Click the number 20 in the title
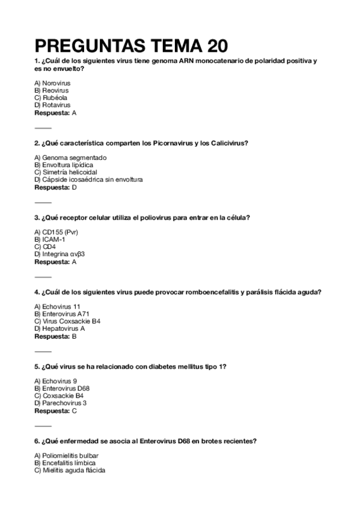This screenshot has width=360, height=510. (215, 46)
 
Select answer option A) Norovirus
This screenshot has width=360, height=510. (53, 82)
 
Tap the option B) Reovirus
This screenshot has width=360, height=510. (52, 90)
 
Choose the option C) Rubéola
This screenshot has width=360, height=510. (51, 97)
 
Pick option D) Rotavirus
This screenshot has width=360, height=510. (52, 105)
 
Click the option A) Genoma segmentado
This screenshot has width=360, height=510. (70, 158)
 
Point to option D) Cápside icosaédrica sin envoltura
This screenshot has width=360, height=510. (88, 179)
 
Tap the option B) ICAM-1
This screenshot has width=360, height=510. (49, 239)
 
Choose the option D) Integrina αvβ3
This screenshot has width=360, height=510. (59, 254)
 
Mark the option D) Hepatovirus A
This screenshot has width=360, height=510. (59, 328)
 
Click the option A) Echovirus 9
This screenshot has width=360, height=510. (56, 381)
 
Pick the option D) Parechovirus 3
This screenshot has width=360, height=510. (61, 403)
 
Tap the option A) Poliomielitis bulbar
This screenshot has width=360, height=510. (66, 456)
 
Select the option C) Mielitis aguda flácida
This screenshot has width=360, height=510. (70, 470)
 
